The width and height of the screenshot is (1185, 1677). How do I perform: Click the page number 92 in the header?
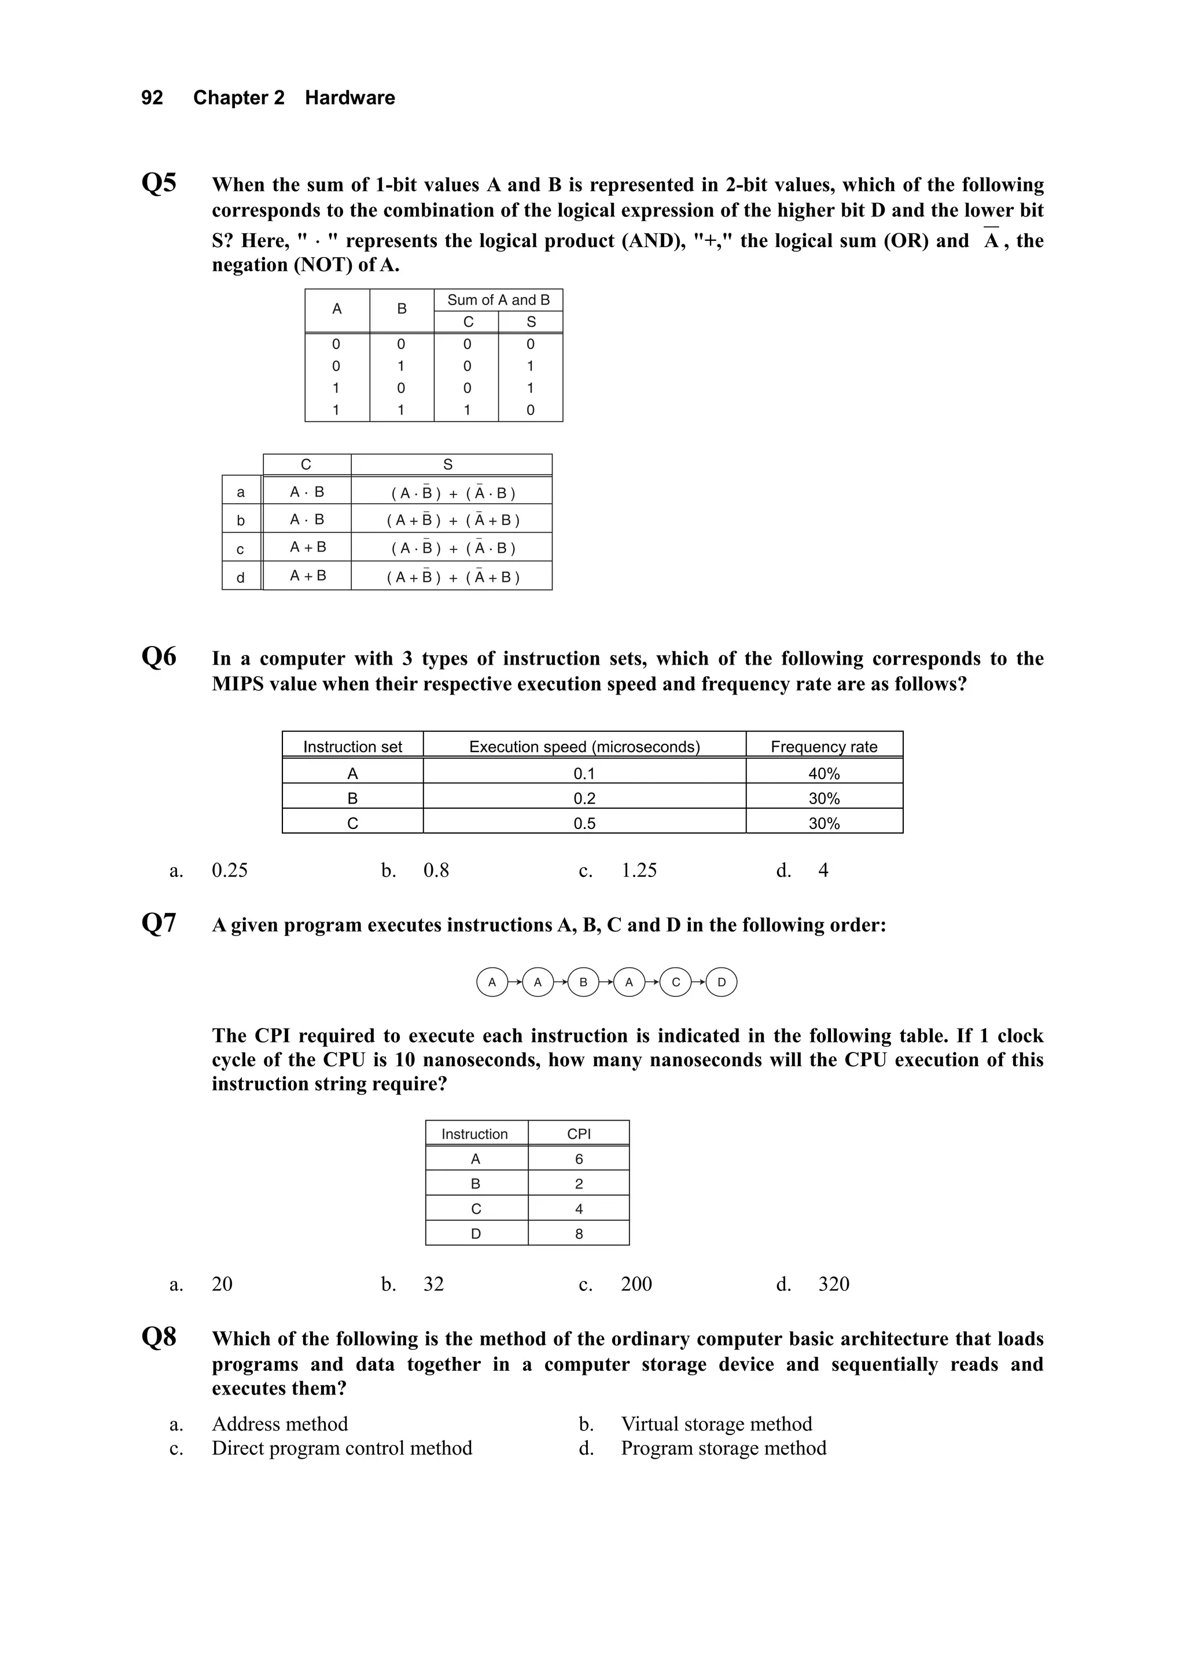tap(152, 98)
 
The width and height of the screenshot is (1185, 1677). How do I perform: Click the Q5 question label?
tap(159, 182)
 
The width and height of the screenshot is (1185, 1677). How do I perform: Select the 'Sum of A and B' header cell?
tap(498, 300)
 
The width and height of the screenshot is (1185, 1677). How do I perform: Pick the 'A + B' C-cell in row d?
tap(307, 575)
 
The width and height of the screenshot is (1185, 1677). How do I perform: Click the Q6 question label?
tap(159, 656)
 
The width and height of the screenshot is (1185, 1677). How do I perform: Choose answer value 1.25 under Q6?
tap(639, 870)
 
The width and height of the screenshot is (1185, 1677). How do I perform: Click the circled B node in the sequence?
tap(583, 982)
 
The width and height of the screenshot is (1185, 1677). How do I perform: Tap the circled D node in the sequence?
tap(722, 982)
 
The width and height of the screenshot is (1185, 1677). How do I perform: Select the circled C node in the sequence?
tap(675, 982)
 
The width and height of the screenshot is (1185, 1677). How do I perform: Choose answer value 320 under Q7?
tap(833, 1283)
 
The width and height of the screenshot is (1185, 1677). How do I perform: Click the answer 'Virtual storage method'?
tap(716, 1423)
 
